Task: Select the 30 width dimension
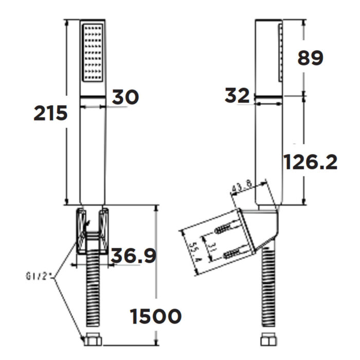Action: (x=125, y=97)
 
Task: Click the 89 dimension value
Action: (x=311, y=58)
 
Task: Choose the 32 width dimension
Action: (x=237, y=96)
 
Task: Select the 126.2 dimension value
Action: (x=311, y=163)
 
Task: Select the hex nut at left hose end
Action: (x=93, y=340)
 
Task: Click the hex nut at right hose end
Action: (x=268, y=340)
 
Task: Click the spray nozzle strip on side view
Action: (x=280, y=51)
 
